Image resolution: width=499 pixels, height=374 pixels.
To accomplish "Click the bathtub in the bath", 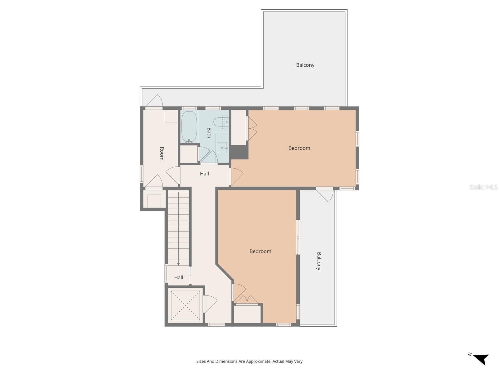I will [x=189, y=127].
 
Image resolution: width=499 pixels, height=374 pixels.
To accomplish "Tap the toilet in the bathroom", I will [x=221, y=122].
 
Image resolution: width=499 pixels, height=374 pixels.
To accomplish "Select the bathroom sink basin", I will [x=222, y=147].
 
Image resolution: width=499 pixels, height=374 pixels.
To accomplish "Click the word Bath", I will [x=209, y=132].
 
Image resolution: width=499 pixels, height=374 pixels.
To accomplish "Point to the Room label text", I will [x=162, y=153].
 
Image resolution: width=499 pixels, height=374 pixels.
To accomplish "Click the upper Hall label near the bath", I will [x=204, y=174].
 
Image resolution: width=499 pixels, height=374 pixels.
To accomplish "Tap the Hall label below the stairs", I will [x=178, y=277].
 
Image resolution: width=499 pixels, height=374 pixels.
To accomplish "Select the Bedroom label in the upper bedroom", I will [x=299, y=148].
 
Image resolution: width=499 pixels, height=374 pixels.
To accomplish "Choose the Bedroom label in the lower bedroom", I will [x=260, y=251].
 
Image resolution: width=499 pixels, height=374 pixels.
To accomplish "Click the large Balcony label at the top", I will [x=305, y=65].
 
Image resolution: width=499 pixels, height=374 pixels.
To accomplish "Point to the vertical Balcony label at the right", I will [x=319, y=261].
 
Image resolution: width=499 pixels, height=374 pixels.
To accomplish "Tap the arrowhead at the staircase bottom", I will [x=179, y=264].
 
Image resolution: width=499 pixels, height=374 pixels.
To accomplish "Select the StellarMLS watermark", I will [x=483, y=187].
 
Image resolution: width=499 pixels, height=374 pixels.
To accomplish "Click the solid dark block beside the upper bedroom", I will [x=239, y=152].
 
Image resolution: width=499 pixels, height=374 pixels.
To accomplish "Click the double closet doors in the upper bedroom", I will [x=252, y=128].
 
